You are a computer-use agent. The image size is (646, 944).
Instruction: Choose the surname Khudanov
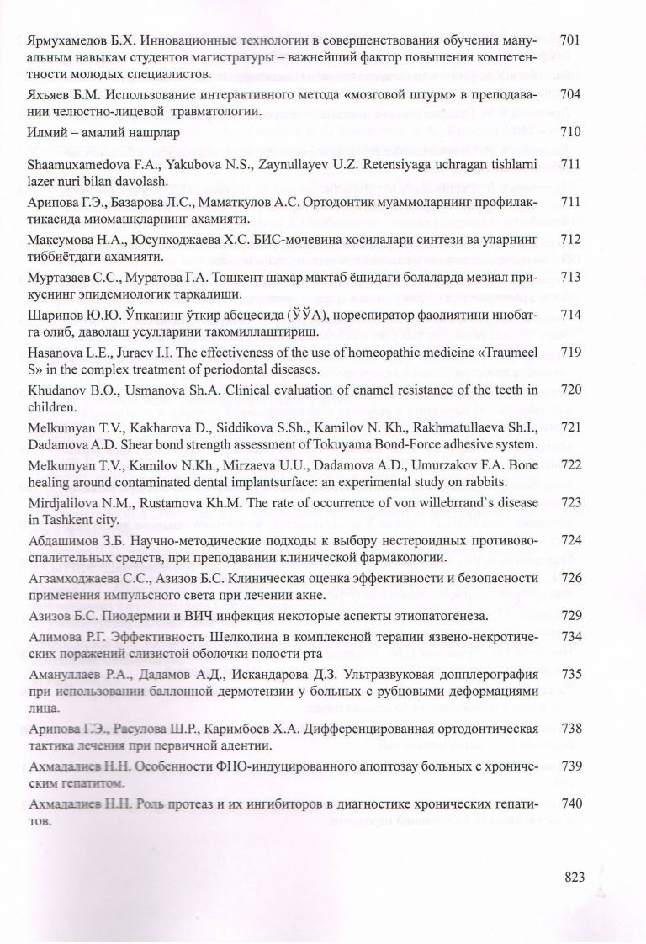tap(56, 391)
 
